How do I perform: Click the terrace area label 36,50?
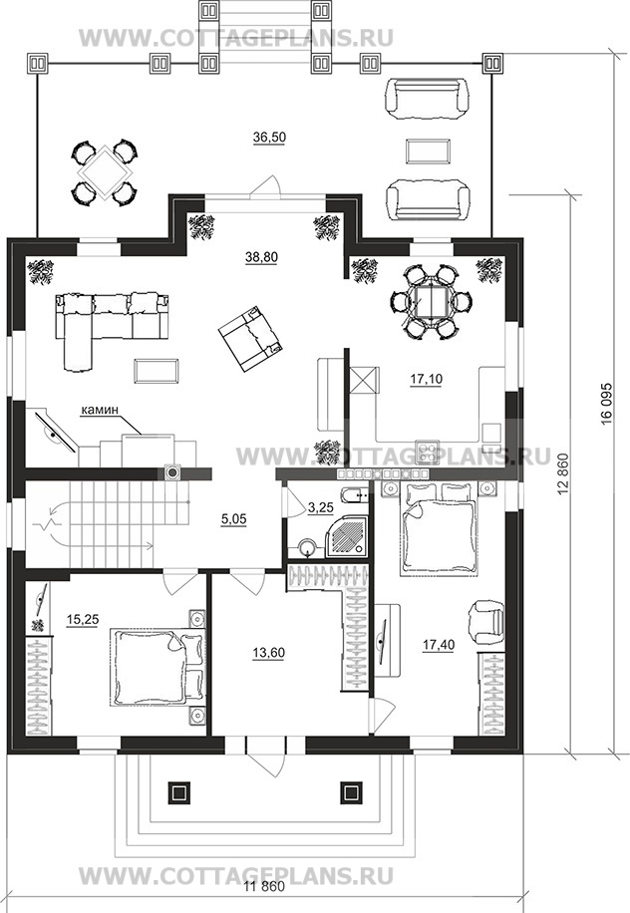[x=269, y=138]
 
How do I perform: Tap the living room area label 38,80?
[x=261, y=257]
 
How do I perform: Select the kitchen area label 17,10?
[x=427, y=379]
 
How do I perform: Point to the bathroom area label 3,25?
[x=320, y=507]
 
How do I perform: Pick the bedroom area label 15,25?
[x=83, y=620]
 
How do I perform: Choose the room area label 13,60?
[x=268, y=653]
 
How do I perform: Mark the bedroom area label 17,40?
[x=439, y=645]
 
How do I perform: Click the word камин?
[x=99, y=410]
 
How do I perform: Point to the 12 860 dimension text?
[x=562, y=474]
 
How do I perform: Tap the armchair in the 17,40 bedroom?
[x=485, y=622]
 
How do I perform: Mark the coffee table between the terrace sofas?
[x=428, y=152]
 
